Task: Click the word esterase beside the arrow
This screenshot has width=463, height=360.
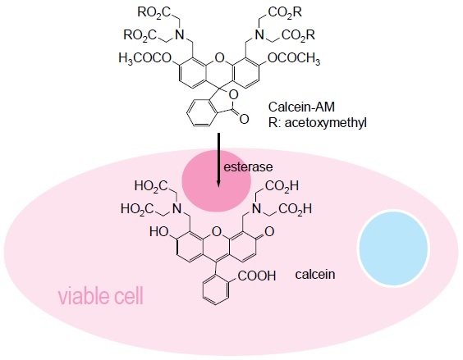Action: [x=248, y=167]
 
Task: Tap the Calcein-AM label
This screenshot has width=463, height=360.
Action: [x=301, y=107]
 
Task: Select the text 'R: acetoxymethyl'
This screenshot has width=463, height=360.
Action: [x=318, y=122]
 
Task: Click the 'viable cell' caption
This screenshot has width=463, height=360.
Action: [x=101, y=296]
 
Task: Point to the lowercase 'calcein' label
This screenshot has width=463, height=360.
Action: [x=315, y=275]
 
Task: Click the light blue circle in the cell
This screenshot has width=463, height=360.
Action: [x=393, y=248]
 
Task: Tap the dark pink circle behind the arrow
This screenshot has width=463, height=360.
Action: [x=216, y=180]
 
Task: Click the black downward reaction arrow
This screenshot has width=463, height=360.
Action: [x=218, y=160]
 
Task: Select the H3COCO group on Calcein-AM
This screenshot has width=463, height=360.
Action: [x=145, y=58]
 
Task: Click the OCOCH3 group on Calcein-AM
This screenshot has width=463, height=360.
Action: [x=294, y=58]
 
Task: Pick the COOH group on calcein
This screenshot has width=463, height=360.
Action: [x=257, y=276]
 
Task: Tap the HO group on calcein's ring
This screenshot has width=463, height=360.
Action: [x=159, y=232]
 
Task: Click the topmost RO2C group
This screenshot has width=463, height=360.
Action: [x=154, y=12]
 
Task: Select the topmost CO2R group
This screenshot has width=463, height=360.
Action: [x=285, y=12]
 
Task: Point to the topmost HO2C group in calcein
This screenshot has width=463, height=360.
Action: [x=151, y=186]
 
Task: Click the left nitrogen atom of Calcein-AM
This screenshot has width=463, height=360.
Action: [x=179, y=35]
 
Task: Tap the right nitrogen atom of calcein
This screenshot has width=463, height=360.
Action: [x=256, y=209]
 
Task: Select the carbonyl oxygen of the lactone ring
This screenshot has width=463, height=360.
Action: [x=244, y=119]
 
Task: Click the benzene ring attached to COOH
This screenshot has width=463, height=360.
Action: [x=216, y=289]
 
